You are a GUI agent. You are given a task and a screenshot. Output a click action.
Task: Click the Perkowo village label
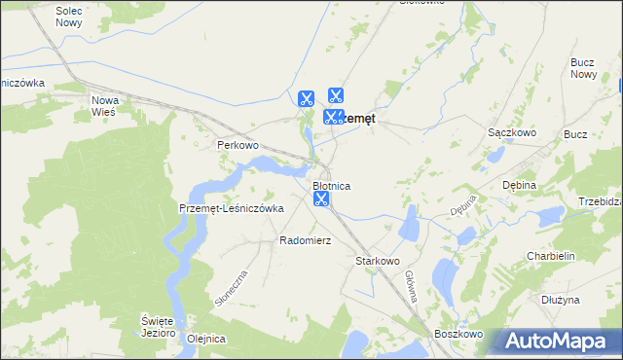238,145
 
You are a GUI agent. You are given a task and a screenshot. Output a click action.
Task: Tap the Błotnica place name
331,185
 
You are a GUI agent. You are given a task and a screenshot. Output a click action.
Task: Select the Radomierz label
306,239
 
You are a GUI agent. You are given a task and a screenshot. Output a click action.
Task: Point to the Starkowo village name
378,261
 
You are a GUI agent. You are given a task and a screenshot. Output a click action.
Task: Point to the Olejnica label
206,339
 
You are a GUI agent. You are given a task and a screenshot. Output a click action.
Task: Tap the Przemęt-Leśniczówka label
231,208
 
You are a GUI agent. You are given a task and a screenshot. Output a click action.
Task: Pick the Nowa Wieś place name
103,105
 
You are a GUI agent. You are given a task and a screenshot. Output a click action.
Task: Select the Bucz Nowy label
583,68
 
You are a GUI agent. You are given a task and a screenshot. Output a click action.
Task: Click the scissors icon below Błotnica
321,199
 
